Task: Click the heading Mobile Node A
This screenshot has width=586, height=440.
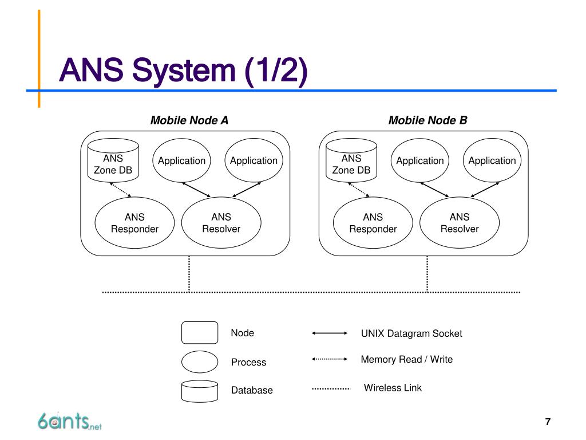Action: point(189,120)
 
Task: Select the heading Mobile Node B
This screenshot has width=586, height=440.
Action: point(427,120)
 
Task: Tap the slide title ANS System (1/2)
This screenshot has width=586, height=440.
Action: point(183,70)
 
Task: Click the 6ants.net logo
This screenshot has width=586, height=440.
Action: point(69,421)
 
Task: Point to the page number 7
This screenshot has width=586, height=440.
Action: point(548,422)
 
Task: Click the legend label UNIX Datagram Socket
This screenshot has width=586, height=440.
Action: point(411,333)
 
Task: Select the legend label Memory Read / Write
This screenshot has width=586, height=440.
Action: point(407,359)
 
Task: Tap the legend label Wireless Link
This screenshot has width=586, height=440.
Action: point(393,388)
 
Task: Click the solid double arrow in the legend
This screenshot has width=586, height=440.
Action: point(330,333)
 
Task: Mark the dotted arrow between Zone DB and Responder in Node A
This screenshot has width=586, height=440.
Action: point(120,190)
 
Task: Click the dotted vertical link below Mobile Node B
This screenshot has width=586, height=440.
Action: point(427,274)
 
